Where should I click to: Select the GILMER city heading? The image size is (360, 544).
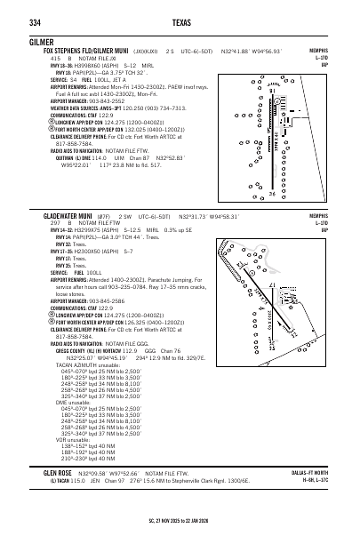(28, 42)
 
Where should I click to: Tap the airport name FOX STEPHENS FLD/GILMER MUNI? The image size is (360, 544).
(84, 52)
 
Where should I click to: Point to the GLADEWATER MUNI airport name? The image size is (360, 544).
(69, 216)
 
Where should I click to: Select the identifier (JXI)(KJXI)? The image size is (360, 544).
(140, 52)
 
